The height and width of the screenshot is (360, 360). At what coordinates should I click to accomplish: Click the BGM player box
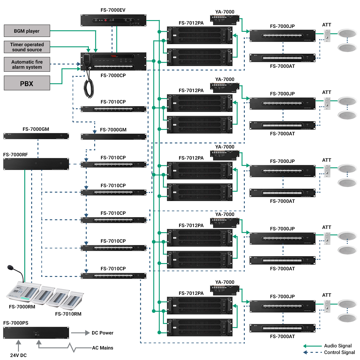(27, 31)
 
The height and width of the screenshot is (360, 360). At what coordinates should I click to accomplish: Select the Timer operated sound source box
(27, 47)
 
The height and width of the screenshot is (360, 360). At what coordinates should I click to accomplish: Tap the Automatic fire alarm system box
(27, 64)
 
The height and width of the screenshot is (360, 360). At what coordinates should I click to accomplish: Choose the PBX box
(27, 83)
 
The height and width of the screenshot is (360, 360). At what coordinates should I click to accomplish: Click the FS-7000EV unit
(113, 20)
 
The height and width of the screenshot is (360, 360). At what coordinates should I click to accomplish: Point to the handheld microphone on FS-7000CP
(87, 58)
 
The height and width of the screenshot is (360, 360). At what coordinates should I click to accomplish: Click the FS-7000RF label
(16, 154)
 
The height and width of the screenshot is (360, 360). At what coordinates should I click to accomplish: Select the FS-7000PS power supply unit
(36, 333)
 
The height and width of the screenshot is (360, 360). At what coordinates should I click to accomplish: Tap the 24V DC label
(18, 355)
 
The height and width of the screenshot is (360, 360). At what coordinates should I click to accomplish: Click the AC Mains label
(103, 348)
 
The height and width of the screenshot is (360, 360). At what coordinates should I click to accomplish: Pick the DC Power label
(103, 333)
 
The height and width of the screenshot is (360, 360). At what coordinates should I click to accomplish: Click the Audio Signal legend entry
(338, 346)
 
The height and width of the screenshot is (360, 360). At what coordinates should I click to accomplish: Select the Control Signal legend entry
(339, 352)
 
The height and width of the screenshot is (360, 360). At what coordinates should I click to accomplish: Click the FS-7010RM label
(68, 314)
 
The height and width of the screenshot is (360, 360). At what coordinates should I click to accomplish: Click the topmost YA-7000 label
(225, 12)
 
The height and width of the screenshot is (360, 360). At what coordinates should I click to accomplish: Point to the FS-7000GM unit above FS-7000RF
(36, 136)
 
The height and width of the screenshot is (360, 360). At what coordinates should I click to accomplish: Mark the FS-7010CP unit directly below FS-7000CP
(113, 109)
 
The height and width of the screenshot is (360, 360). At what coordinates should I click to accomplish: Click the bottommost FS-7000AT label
(282, 337)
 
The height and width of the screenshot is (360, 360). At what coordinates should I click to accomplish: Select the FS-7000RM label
(22, 307)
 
